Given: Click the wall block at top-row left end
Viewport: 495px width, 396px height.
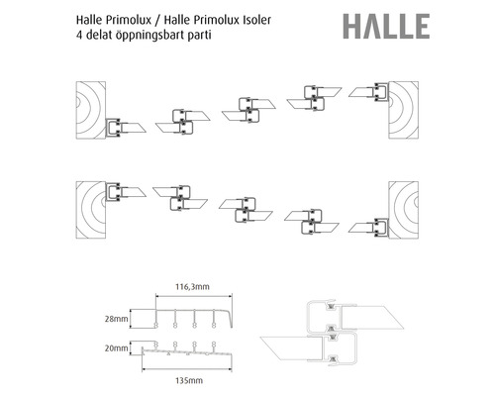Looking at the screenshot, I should tap(87, 109).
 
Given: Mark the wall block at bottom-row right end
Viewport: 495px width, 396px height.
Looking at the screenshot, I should tap(407, 208).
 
